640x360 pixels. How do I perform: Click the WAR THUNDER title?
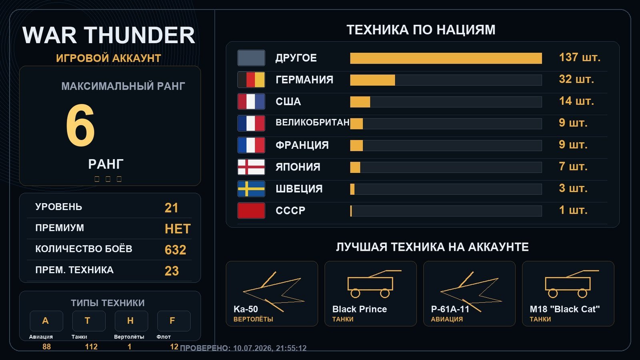[x=108, y=35]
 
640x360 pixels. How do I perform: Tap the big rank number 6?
[x=80, y=125]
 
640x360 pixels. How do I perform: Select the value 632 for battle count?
[x=175, y=250]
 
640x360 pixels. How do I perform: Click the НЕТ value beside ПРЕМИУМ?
[x=178, y=229]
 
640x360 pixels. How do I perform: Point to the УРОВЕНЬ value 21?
[x=172, y=208]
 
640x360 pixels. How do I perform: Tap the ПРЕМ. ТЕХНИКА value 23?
[x=172, y=271]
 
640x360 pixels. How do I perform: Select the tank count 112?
[x=91, y=347]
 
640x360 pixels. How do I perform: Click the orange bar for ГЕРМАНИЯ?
[x=372, y=80]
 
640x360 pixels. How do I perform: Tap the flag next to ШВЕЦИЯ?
[x=251, y=189]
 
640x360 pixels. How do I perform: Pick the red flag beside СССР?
[x=251, y=210]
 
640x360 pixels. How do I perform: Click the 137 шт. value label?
[x=580, y=58]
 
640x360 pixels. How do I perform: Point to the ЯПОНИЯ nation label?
[x=298, y=167]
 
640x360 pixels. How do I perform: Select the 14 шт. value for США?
[x=576, y=101]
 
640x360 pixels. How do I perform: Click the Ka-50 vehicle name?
[x=246, y=309]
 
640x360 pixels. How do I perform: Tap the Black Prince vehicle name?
[x=360, y=309]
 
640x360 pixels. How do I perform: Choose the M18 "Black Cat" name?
[x=564, y=309]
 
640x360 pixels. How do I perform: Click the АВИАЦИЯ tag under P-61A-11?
[x=447, y=319]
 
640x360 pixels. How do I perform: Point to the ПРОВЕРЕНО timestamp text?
[x=243, y=348]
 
